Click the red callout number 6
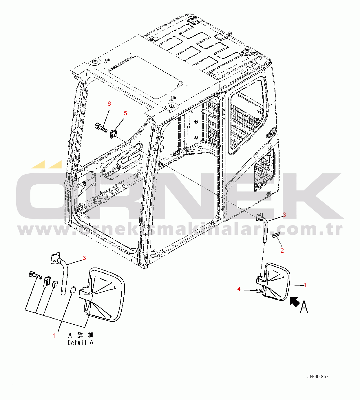pyautogui.click(x=109, y=104)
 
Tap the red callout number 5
pyautogui.click(x=125, y=113)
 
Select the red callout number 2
pyautogui.click(x=282, y=251)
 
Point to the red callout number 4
pyautogui.click(x=239, y=289)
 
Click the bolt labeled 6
pyautogui.click(x=101, y=128)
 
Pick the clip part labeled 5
pyautogui.click(x=113, y=134)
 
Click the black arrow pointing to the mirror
pyautogui.click(x=295, y=302)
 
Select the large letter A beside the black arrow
pyautogui.click(x=304, y=307)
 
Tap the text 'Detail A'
pyautogui.click(x=81, y=343)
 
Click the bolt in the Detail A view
pyautogui.click(x=36, y=275)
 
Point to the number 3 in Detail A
pyautogui.click(x=84, y=258)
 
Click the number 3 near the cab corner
pyautogui.click(x=284, y=215)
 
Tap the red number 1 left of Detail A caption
pyautogui.click(x=54, y=336)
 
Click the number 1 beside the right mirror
pyautogui.click(x=305, y=285)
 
